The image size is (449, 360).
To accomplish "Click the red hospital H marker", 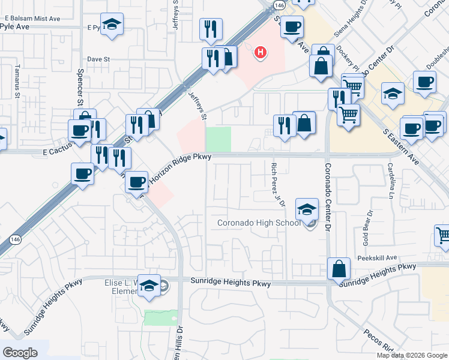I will [260, 53].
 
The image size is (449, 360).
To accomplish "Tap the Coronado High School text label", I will [259, 224].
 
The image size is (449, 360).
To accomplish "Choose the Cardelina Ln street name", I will [390, 181].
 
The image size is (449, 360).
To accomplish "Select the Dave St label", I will [99, 59].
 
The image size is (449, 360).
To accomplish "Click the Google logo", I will [20, 353].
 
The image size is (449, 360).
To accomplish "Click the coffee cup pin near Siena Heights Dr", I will [292, 27].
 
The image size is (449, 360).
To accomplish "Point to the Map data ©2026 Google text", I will [411, 355].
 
